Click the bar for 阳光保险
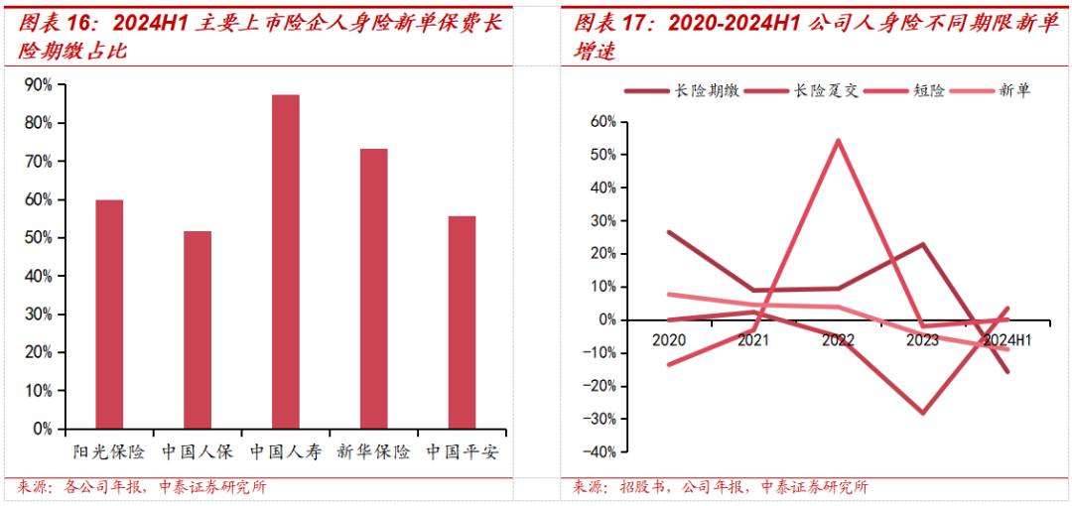pyautogui.click(x=109, y=315)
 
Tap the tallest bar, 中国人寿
pyautogui.click(x=286, y=262)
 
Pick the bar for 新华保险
pyautogui.click(x=374, y=289)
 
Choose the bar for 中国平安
pyautogui.click(x=462, y=322)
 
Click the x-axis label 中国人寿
pyautogui.click(x=286, y=452)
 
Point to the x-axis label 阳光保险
pyautogui.click(x=109, y=452)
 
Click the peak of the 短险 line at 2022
pyautogui.click(x=839, y=140)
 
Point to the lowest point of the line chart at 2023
pyautogui.click(x=923, y=413)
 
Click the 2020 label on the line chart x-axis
pyautogui.click(x=669, y=340)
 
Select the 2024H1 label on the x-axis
pyautogui.click(x=1006, y=340)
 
